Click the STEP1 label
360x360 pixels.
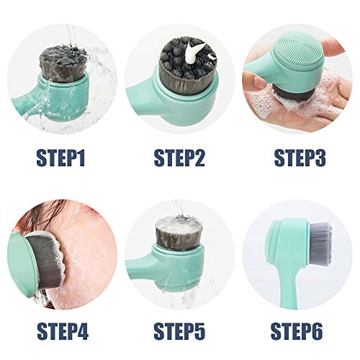60,158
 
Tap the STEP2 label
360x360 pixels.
179,158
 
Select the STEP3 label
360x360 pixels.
300,158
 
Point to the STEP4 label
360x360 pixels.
63,331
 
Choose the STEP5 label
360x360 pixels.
179,331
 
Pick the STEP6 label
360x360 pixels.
297,331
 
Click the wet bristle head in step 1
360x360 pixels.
63,63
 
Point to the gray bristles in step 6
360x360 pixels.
320,245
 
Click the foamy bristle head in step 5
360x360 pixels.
178,233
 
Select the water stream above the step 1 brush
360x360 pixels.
71,35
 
